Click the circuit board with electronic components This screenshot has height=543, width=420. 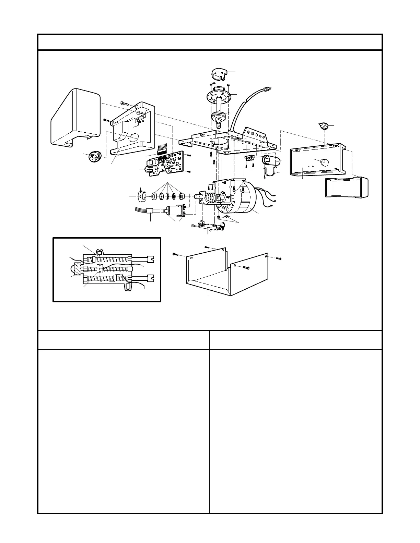coord(167,164)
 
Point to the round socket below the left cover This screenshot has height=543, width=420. coord(94,156)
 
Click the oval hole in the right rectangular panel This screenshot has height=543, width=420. coord(324,161)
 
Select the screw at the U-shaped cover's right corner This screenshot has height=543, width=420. coord(279,258)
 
